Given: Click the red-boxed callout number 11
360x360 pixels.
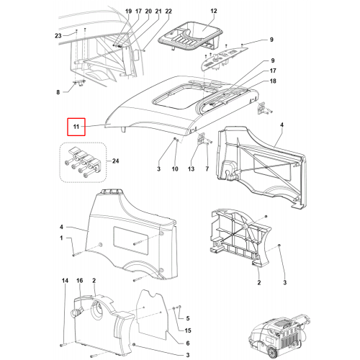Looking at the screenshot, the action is [x=76, y=127].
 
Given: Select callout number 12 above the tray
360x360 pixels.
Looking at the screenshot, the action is [x=214, y=11].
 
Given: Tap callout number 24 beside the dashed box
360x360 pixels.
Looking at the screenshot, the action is [x=115, y=161].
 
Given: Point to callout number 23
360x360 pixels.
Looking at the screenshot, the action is [x=58, y=36].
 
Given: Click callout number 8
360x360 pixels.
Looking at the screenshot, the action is [x=58, y=92].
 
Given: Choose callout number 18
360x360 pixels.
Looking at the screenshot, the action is [x=273, y=81].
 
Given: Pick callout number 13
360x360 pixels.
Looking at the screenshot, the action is [x=191, y=169].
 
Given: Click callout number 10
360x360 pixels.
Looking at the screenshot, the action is [x=175, y=169].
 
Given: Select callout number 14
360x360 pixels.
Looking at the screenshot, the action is [x=65, y=281].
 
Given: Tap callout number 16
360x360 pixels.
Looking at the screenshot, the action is [x=80, y=281].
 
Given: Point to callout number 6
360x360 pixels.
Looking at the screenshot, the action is [x=188, y=343].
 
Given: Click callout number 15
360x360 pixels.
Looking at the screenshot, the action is [x=188, y=330].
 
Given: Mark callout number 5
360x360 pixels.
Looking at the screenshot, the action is [x=188, y=318].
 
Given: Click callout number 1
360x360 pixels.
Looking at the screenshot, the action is [x=61, y=238].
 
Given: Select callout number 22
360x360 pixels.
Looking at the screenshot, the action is [x=168, y=12].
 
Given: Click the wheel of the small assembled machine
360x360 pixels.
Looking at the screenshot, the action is [x=271, y=353].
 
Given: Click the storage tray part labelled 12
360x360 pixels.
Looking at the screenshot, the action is [x=190, y=38].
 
